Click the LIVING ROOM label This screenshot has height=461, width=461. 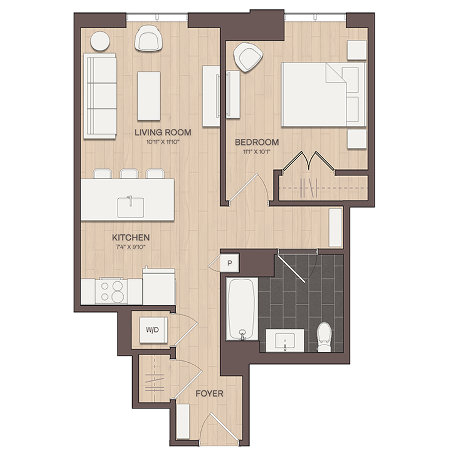point(163,132)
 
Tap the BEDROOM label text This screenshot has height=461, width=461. point(257,142)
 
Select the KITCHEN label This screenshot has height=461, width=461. point(131,237)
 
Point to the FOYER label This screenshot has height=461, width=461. point(209,393)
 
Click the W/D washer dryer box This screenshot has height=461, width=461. point(154,330)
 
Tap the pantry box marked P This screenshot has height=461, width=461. point(229,263)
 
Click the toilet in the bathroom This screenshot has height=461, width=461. point(324,337)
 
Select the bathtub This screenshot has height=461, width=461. point(242,309)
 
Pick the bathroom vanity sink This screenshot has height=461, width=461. point(285,341)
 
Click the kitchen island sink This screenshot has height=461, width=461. point(131,207)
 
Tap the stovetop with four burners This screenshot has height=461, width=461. point(112,291)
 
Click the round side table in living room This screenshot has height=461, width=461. point(100,41)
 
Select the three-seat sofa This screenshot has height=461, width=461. point(100,96)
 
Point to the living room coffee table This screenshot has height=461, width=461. point(149,96)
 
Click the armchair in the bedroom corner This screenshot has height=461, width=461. point(248,57)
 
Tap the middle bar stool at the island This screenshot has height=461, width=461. point(129,174)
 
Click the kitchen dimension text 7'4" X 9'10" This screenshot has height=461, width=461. point(131,247)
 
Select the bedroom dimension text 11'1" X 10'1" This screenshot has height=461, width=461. point(257,152)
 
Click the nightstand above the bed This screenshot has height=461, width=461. point(357,50)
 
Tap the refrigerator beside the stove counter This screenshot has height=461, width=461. point(159,287)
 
